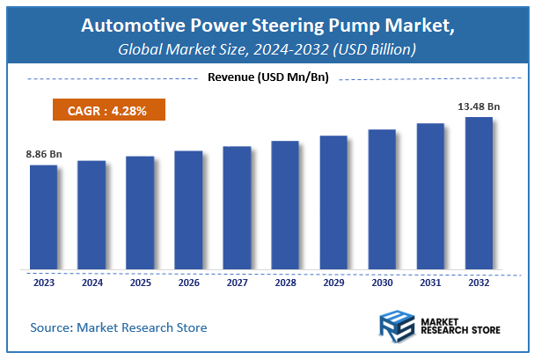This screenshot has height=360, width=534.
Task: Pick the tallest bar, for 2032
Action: pos(479,193)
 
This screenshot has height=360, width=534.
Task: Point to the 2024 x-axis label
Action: pos(91,283)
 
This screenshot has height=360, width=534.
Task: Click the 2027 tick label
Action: pos(237,283)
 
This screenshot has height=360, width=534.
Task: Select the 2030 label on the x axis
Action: pos(382,283)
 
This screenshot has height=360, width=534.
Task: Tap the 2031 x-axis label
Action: pos(430,283)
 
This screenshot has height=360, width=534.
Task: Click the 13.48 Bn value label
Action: pos(479,107)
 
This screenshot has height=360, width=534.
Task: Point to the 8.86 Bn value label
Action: pos(43,154)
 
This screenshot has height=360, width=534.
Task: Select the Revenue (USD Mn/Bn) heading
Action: pos(267,78)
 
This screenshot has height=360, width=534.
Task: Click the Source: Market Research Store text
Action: pos(119,327)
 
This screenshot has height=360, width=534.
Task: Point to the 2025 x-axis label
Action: pos(140,283)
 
